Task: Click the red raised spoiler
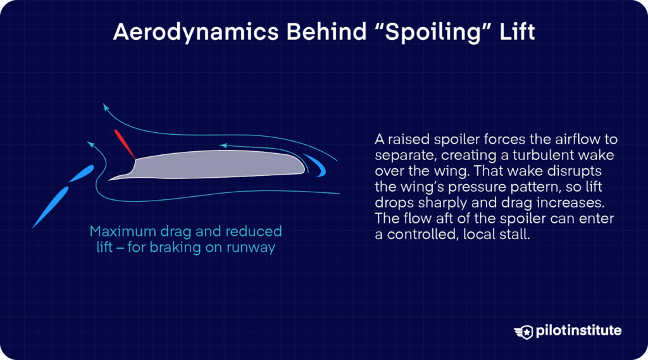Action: [x=124, y=144]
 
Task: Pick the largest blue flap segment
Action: [x=50, y=208]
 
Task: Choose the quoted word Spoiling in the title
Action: [x=429, y=32]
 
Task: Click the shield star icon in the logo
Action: [x=525, y=330]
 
